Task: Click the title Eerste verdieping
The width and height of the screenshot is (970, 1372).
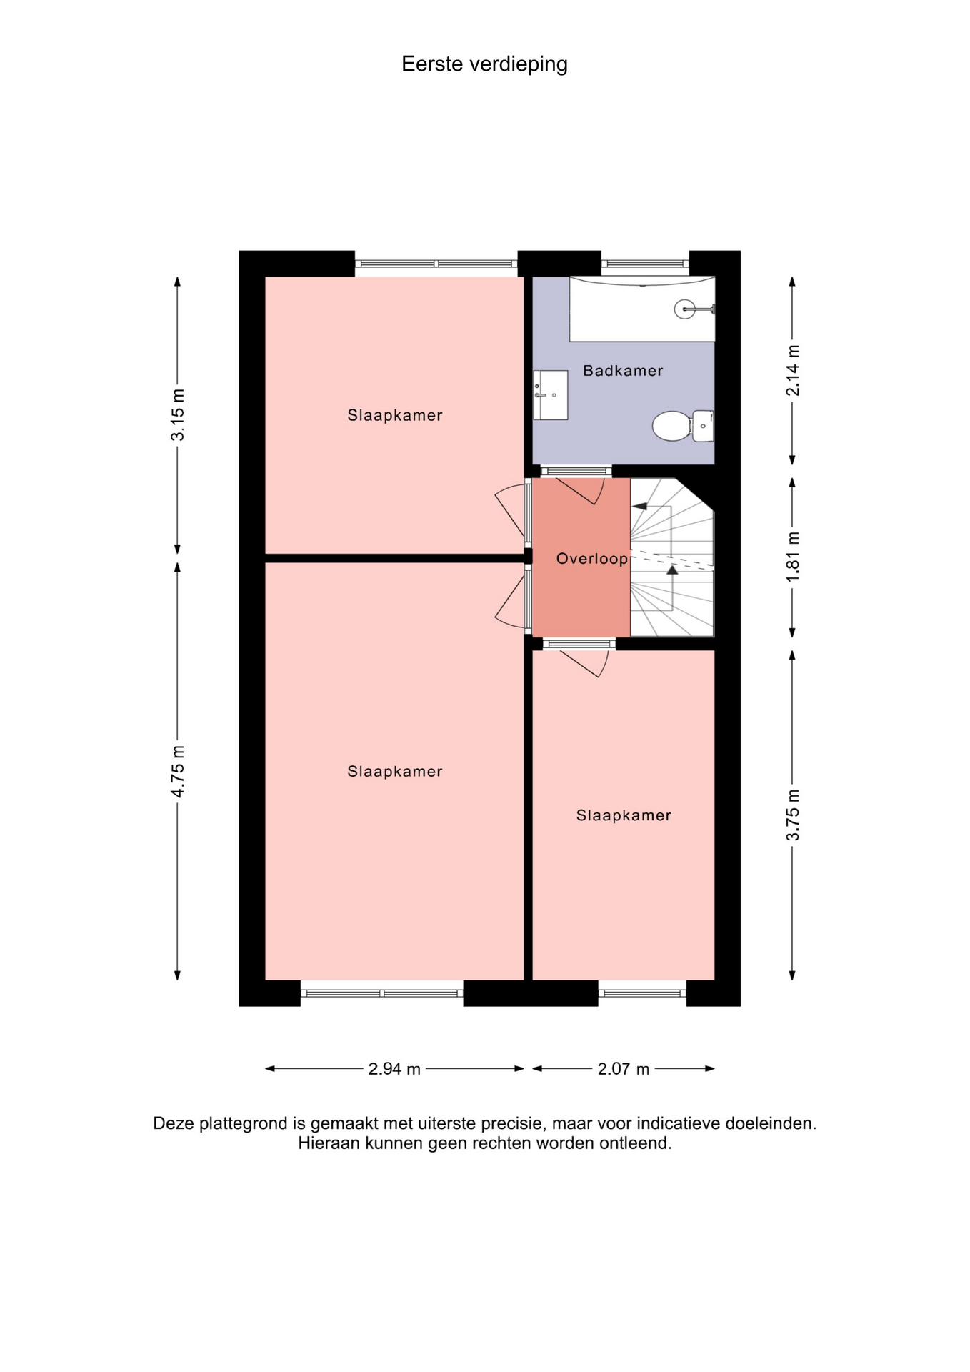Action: pos(484,64)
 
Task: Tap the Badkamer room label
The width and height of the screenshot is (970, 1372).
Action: pos(623,371)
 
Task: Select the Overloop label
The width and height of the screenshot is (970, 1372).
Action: pos(592,559)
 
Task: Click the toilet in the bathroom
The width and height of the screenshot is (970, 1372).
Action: pos(683,426)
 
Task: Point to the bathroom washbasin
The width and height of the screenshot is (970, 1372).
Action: pos(550,394)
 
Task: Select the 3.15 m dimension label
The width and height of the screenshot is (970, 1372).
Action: pos(177,415)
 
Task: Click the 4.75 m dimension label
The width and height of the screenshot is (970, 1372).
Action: pos(177,772)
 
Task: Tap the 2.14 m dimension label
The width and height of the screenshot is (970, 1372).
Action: pos(793,370)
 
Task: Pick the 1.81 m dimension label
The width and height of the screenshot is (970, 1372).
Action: pos(793,557)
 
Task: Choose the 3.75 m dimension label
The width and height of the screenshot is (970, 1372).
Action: pos(793,815)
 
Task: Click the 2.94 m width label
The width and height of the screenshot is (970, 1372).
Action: pos(394,1069)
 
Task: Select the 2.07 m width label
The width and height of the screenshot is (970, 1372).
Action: pos(624,1069)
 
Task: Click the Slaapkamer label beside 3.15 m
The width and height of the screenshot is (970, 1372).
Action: pos(395,415)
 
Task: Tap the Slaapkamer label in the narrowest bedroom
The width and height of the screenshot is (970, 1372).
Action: pos(624,815)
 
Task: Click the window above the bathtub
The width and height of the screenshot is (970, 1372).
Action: pos(645,264)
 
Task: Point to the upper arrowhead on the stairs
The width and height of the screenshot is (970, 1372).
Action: pos(640,507)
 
